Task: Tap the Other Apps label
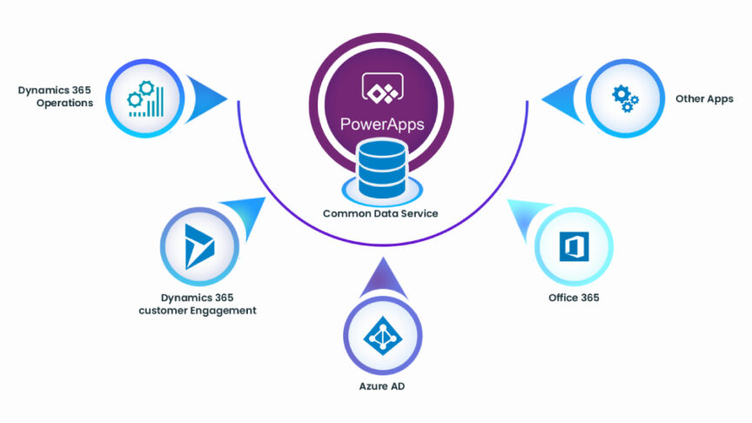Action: tap(704, 99)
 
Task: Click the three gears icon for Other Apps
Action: tap(625, 97)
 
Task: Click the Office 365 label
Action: tap(573, 298)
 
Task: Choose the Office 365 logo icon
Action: tap(572, 246)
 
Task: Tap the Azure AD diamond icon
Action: tap(380, 337)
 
